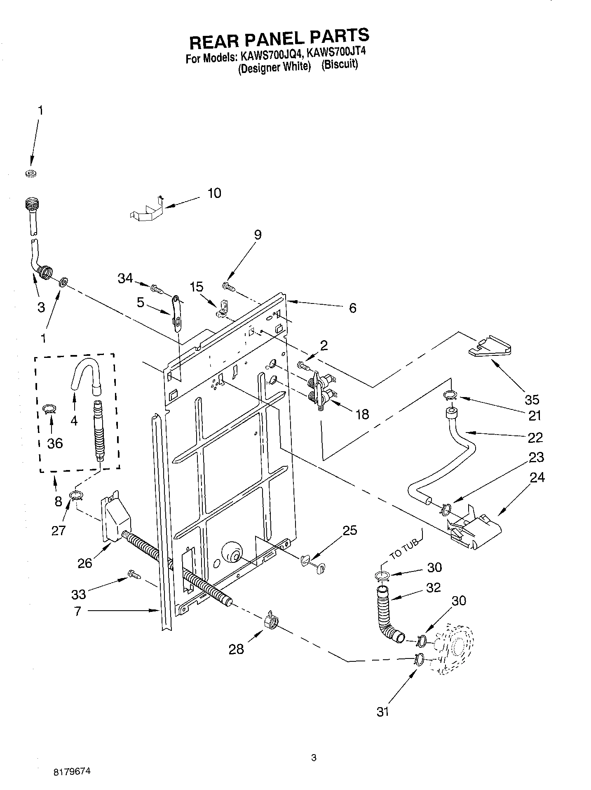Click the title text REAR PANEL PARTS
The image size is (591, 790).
279,37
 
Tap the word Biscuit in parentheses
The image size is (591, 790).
340,65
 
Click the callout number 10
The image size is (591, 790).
214,193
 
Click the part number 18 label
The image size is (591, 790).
362,414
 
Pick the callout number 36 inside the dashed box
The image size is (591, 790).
54,444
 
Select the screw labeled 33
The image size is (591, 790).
134,574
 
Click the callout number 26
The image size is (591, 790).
85,563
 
